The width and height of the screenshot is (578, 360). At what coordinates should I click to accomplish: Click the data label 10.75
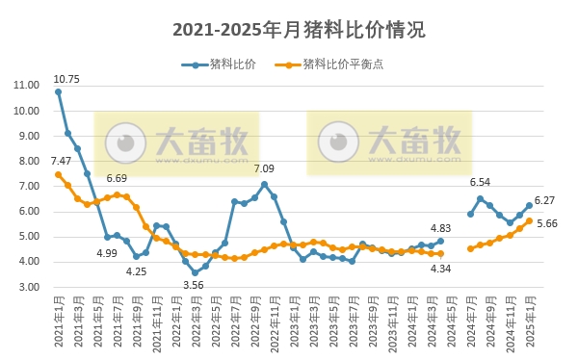(x=66, y=79)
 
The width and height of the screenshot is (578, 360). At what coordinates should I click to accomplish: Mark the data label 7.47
(x=62, y=161)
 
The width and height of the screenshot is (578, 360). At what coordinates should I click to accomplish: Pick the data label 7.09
(x=264, y=168)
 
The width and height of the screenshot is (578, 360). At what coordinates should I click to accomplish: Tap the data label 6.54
(x=480, y=182)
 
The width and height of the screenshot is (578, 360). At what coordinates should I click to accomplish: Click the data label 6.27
(x=545, y=200)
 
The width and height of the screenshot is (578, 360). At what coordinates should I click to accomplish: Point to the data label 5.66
(x=547, y=223)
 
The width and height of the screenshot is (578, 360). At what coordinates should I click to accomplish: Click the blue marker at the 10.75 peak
(x=58, y=91)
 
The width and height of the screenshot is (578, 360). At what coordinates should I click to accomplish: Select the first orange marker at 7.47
(x=58, y=174)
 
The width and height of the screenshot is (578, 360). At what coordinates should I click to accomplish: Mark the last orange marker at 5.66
(x=529, y=220)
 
